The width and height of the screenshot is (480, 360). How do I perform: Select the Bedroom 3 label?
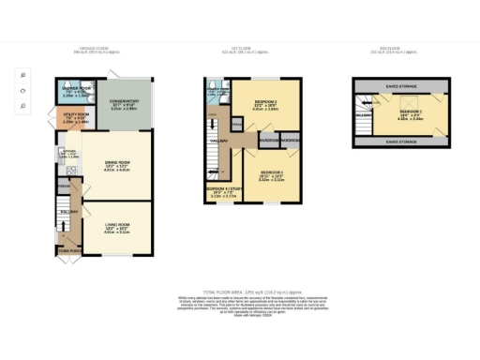click(x=273, y=173)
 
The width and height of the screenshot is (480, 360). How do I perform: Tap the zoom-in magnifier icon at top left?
click(x=22, y=74)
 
